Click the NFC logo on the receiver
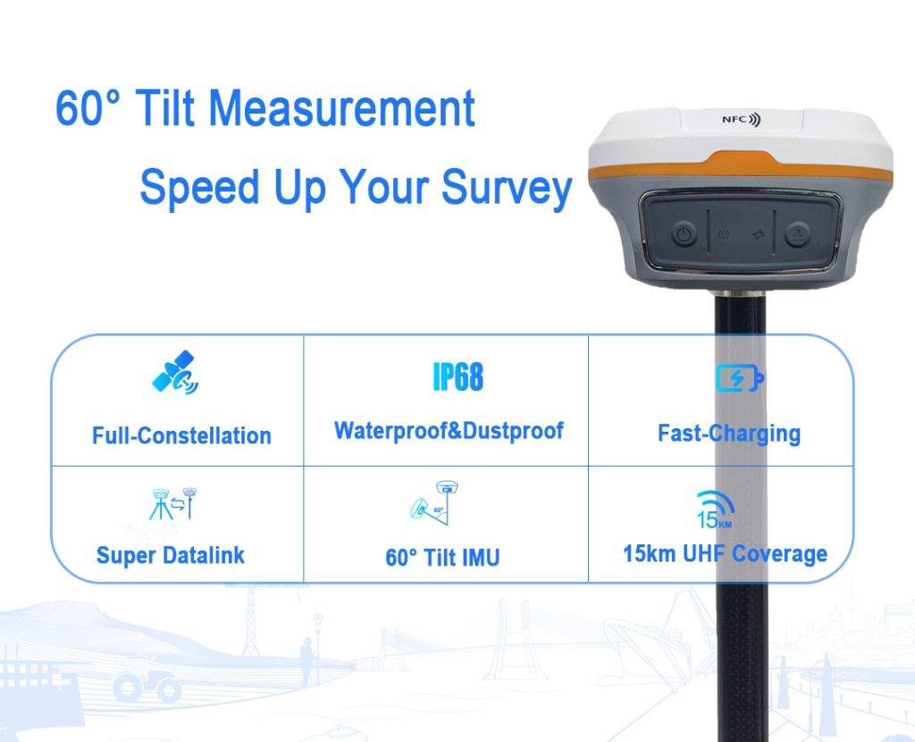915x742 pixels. click(x=741, y=120)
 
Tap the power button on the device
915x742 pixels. click(x=684, y=235)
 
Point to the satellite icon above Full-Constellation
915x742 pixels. click(x=176, y=375)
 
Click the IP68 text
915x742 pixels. click(x=457, y=377)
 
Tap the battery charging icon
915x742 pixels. click(x=740, y=378)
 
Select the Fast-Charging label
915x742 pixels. click(x=728, y=434)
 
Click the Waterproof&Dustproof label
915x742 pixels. click(x=449, y=431)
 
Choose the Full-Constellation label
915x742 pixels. click(x=181, y=436)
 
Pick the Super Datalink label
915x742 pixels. click(x=170, y=555)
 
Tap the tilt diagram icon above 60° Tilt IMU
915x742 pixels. click(x=434, y=502)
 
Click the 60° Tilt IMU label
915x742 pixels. click(x=442, y=558)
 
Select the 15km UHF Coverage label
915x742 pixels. click(x=725, y=553)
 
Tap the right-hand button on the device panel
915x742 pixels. click(x=796, y=235)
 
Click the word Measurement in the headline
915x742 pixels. click(x=342, y=109)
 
